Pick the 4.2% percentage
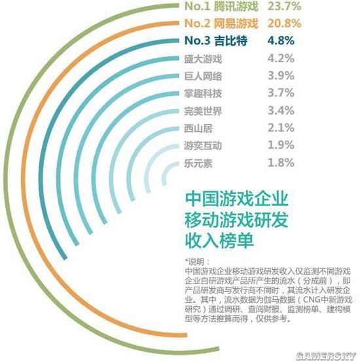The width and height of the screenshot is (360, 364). click(x=280, y=59)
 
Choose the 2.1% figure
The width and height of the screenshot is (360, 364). click(x=280, y=128)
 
